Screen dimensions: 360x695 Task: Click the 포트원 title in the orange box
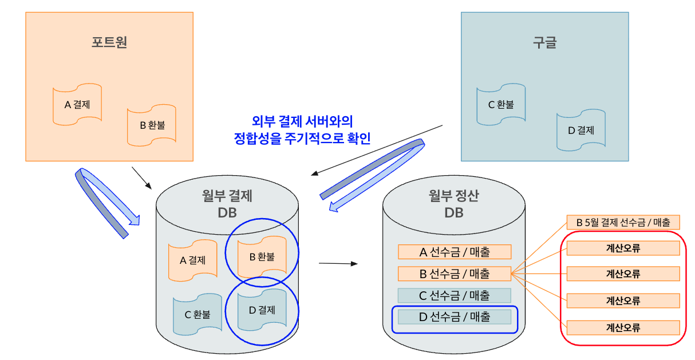[109, 42]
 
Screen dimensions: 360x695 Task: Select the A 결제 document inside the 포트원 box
[77, 105]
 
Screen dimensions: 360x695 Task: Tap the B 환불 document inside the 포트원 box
[152, 125]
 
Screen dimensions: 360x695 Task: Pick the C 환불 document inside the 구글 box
[500, 105]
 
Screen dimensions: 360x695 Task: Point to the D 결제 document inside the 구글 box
[581, 130]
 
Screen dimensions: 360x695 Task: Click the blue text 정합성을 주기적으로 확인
[302, 138]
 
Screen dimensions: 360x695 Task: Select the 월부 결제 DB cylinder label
[227, 204]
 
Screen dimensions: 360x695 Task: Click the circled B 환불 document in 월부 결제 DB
[262, 257]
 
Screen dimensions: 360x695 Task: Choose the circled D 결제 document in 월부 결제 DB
[262, 311]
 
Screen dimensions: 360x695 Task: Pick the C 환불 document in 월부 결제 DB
[197, 314]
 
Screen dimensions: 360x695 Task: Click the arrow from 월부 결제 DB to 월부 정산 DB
[338, 264]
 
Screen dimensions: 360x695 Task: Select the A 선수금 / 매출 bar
[455, 252]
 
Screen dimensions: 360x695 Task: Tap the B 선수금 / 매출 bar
[455, 274]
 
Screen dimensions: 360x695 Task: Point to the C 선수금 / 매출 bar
[455, 295]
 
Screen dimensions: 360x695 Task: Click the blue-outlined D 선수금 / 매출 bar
[455, 317]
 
